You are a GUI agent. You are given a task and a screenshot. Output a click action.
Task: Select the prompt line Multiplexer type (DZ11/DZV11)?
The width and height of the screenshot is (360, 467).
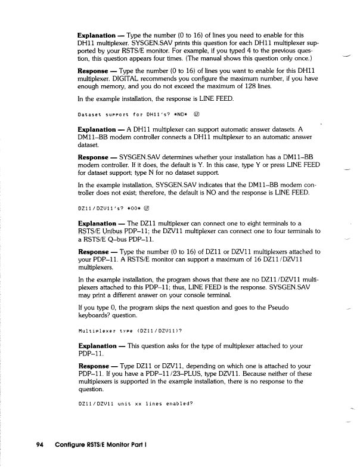pyautogui.click(x=130, y=330)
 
